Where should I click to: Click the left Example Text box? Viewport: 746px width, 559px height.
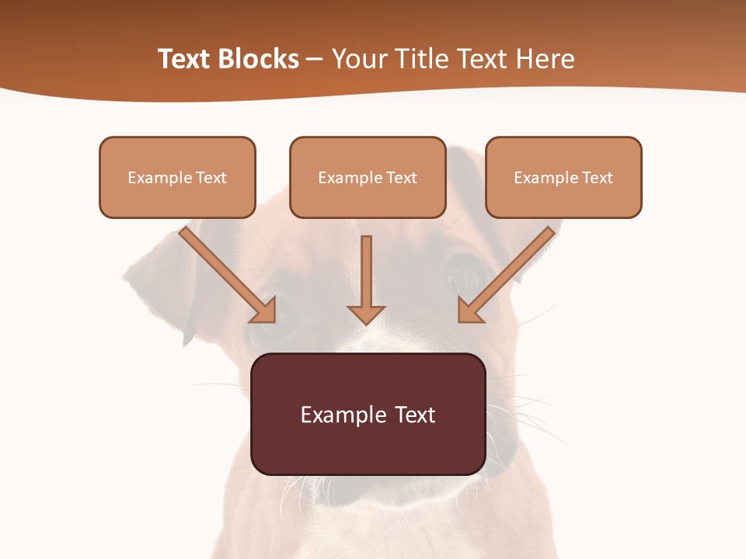(x=177, y=177)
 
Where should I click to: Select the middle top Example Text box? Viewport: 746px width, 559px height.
(x=368, y=177)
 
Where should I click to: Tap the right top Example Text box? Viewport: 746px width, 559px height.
(x=563, y=177)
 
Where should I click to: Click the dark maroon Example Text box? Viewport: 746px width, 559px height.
(x=368, y=414)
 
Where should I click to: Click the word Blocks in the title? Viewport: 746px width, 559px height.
(x=257, y=59)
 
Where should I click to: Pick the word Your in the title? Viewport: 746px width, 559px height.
(x=360, y=59)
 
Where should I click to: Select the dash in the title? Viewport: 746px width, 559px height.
(x=315, y=59)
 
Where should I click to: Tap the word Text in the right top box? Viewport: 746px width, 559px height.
(x=598, y=178)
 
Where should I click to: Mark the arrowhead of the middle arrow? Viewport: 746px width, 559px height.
(x=366, y=314)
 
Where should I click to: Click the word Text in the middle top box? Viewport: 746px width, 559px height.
(x=402, y=178)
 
